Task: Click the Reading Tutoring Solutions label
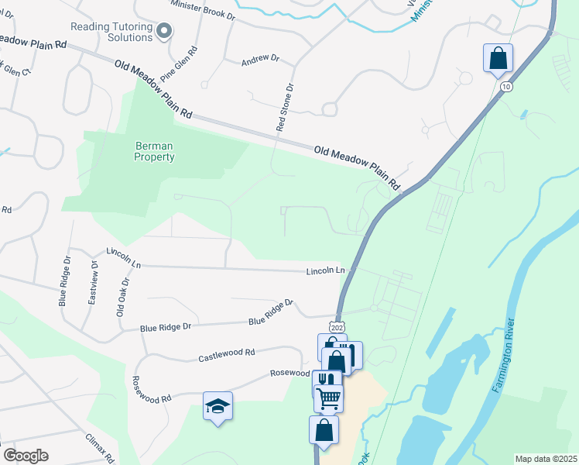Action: click(x=111, y=32)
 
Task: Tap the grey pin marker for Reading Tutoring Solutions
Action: click(x=163, y=31)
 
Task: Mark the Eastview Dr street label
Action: click(x=93, y=284)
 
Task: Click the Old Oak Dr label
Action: click(x=121, y=298)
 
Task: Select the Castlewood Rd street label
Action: click(x=227, y=355)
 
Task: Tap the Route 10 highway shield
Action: click(x=505, y=87)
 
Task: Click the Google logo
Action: click(x=25, y=456)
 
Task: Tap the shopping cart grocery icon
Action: click(x=329, y=398)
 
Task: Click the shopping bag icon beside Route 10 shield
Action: click(x=498, y=58)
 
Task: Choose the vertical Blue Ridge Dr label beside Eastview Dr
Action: click(x=63, y=283)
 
